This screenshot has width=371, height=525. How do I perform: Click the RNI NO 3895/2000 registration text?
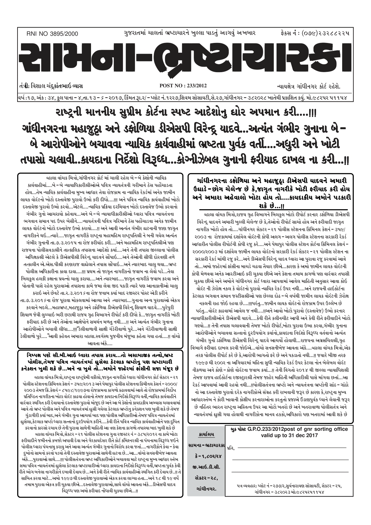[x=52, y=34]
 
